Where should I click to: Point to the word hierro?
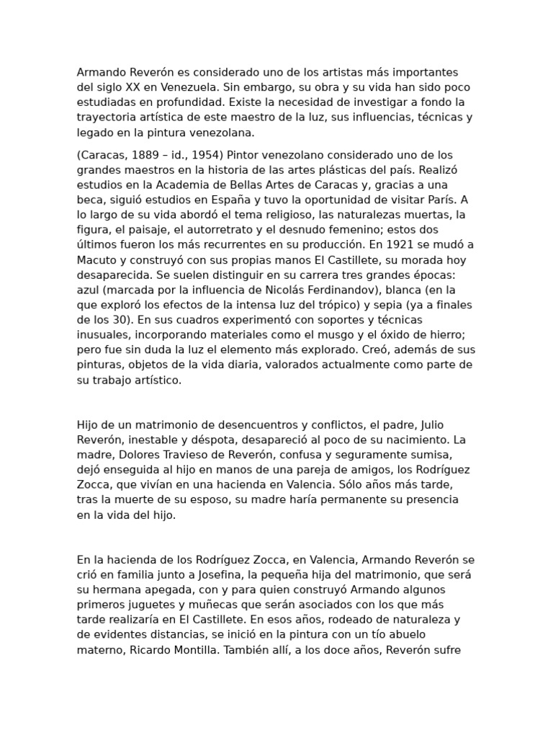pyautogui.click(x=451, y=334)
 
